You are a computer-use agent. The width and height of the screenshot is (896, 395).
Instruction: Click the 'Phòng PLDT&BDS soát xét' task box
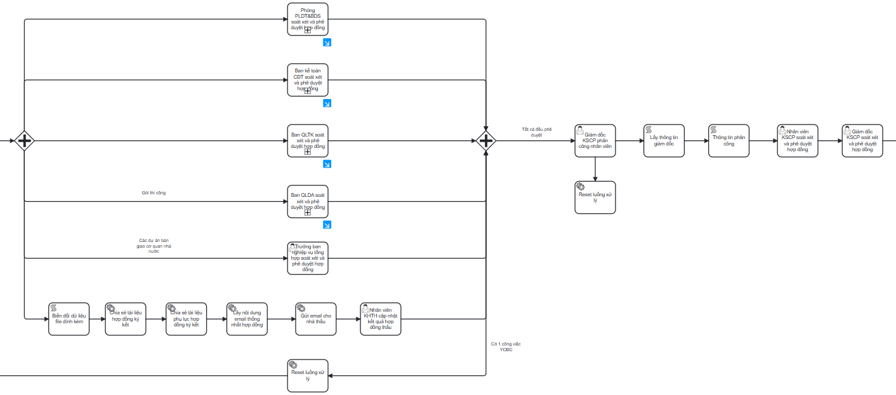tap(308, 19)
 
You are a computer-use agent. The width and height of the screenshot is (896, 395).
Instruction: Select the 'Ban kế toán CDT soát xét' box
tap(308, 80)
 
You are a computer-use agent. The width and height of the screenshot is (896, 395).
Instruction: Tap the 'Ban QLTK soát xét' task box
tap(308, 140)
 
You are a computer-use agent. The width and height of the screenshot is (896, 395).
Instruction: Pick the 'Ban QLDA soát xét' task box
tap(308, 201)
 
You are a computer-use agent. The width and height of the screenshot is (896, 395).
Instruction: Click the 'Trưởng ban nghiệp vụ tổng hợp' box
tap(308, 258)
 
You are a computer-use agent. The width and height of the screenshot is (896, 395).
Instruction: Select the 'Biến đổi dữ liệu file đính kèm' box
tap(69, 319)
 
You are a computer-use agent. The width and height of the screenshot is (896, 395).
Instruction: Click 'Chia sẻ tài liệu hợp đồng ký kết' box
tap(126, 319)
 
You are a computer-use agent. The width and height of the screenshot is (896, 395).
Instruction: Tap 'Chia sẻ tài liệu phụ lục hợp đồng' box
tap(187, 319)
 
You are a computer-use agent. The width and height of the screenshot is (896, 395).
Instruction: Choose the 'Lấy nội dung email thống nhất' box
tap(247, 319)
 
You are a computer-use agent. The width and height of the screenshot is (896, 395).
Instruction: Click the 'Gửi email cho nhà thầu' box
tap(316, 319)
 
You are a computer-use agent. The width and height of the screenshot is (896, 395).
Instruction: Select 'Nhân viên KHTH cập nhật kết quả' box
tap(381, 319)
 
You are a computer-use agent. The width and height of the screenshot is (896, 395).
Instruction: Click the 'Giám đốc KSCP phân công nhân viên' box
tap(595, 140)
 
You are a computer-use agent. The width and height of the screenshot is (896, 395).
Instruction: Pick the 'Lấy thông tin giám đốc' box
tap(664, 140)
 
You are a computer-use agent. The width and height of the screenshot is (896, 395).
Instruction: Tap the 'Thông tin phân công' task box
tap(728, 140)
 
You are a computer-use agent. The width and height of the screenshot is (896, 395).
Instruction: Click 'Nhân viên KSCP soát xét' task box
tap(798, 140)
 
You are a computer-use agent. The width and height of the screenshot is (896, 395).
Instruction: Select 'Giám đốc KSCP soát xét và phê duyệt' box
tap(862, 140)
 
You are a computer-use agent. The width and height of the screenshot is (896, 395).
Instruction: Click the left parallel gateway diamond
tap(24, 140)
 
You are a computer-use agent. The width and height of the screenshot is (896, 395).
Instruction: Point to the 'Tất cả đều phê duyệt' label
tap(536, 131)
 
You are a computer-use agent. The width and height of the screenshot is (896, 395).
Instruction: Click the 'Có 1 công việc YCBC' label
tap(506, 346)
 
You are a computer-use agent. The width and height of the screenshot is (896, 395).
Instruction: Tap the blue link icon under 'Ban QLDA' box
tap(327, 225)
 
